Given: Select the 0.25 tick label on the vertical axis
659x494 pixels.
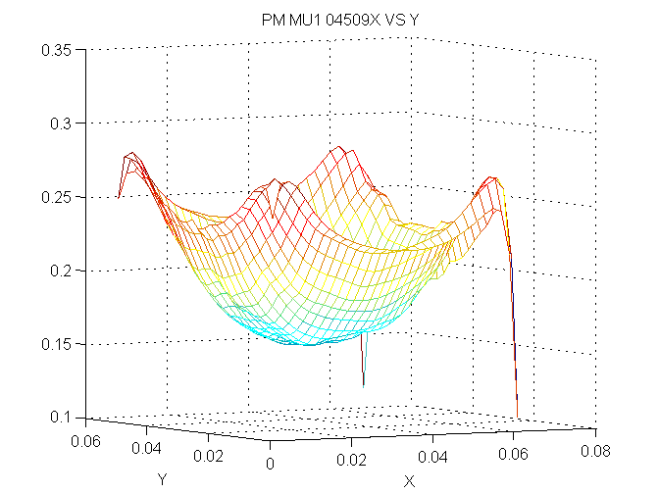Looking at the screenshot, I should click(54, 196).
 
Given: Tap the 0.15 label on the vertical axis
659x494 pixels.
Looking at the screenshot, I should click(54, 344).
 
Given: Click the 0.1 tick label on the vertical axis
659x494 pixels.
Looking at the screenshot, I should click(59, 418).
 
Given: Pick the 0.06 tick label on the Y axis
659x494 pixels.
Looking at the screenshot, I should click(87, 441).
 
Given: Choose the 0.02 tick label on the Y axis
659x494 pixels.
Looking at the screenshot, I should click(208, 457).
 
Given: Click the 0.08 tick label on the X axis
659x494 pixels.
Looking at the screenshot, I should click(594, 451).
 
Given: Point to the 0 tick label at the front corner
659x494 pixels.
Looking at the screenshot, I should click(270, 463).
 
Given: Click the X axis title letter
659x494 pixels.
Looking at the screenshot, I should click(409, 480).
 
